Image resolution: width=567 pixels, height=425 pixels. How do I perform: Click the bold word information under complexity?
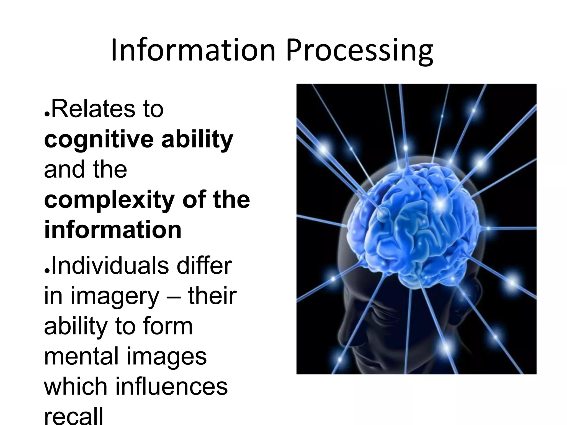point(113,230)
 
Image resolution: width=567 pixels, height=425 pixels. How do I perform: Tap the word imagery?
point(115,297)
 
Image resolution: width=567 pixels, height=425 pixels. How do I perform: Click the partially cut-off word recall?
point(73,416)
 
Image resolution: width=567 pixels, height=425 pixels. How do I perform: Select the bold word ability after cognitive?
point(197,140)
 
